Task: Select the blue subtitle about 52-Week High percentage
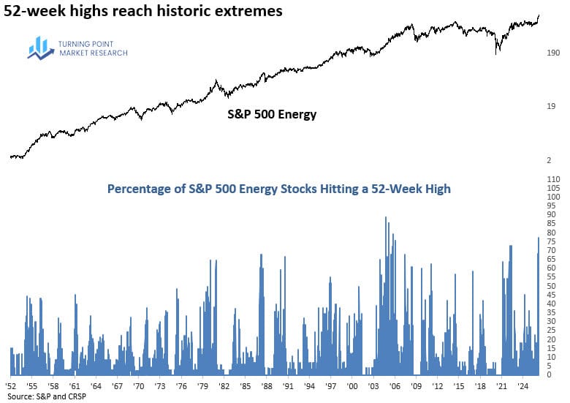[278, 189]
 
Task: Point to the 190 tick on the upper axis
[553, 53]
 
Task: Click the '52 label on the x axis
[11, 384]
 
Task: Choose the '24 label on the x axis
[522, 384]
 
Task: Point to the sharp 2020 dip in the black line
[497, 51]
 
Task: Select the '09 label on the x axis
[416, 384]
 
